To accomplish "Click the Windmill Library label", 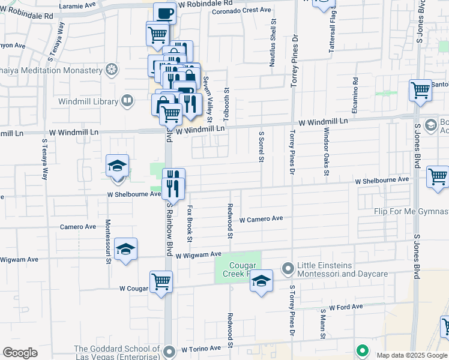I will [x=88, y=101].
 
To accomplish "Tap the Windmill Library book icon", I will [x=127, y=101].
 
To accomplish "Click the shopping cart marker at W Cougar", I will [x=161, y=281].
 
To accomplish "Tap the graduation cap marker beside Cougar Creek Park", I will [x=261, y=281].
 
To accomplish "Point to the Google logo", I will [x=20, y=353].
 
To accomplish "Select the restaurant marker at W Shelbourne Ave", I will [x=173, y=183].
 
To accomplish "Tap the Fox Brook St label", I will [x=190, y=224].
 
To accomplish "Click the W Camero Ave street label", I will [x=261, y=220].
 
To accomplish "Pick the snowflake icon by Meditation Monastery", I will [x=111, y=70].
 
